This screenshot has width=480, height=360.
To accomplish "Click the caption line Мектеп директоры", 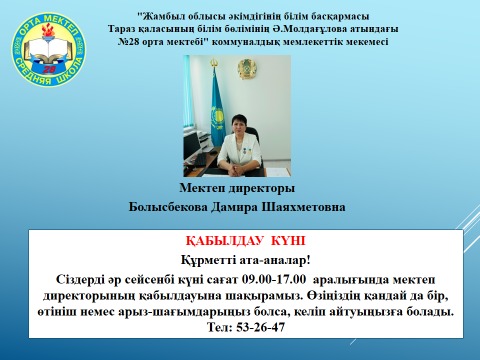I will pyautogui.click(x=238, y=187).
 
